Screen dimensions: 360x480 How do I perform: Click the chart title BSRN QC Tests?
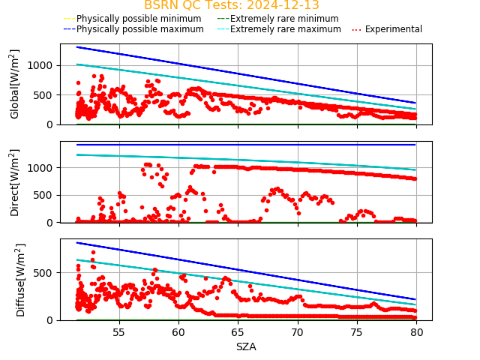[231, 5]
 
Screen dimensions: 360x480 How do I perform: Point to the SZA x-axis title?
[246, 346]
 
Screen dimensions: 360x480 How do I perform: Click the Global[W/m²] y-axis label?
[15, 84]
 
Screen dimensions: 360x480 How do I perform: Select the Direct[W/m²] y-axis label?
[15, 182]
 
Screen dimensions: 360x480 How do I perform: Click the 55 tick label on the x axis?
[119, 332]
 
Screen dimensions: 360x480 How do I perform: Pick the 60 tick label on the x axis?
[178, 332]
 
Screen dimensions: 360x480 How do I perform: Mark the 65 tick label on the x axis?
[238, 332]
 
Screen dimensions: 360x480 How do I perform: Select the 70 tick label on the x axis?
[298, 332]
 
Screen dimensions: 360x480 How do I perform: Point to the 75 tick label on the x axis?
[357, 332]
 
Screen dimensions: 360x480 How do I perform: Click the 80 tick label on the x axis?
[416, 332]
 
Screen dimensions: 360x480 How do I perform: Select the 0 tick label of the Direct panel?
[53, 223]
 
